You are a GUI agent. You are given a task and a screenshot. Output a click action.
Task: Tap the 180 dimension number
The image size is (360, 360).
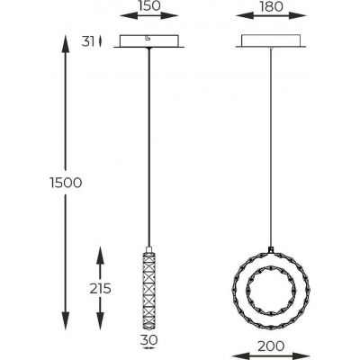coord(270,7)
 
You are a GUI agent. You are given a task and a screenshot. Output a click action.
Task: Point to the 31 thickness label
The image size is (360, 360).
coord(87,40)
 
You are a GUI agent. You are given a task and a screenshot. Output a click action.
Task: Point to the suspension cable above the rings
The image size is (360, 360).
coord(270,144)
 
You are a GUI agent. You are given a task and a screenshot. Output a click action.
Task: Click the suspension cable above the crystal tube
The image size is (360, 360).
coord(149,144)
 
